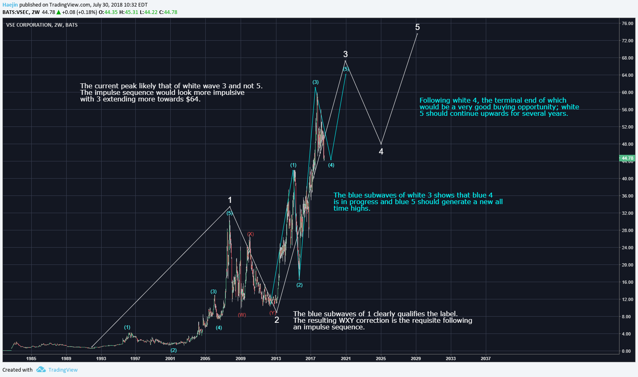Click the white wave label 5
coord(418,28)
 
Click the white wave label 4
coord(381,152)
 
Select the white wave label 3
coord(346,54)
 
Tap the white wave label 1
coord(230,200)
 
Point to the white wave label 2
coord(277,320)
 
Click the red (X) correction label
coord(251,234)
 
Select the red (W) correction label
coord(242,315)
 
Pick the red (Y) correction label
coord(272,313)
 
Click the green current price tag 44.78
coord(627,158)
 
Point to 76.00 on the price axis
coord(627,24)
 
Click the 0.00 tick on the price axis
coord(626,351)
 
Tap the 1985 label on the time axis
coord(31,359)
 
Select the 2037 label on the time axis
coord(485,359)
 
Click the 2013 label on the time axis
coord(276,359)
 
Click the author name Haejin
coord(10,5)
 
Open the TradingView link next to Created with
coord(63,370)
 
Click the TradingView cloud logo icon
coord(41,370)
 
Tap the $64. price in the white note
coord(193,99)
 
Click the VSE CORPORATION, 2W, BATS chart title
coord(42,25)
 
